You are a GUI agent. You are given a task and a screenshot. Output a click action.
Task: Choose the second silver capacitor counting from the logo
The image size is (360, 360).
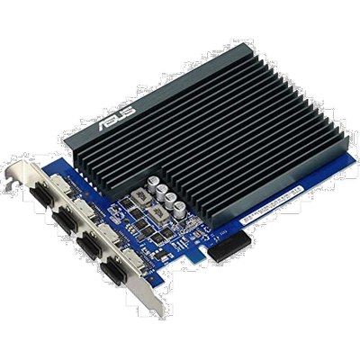pos(162,191)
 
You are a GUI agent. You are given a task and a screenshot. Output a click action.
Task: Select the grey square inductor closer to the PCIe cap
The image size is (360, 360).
pos(155,212)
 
